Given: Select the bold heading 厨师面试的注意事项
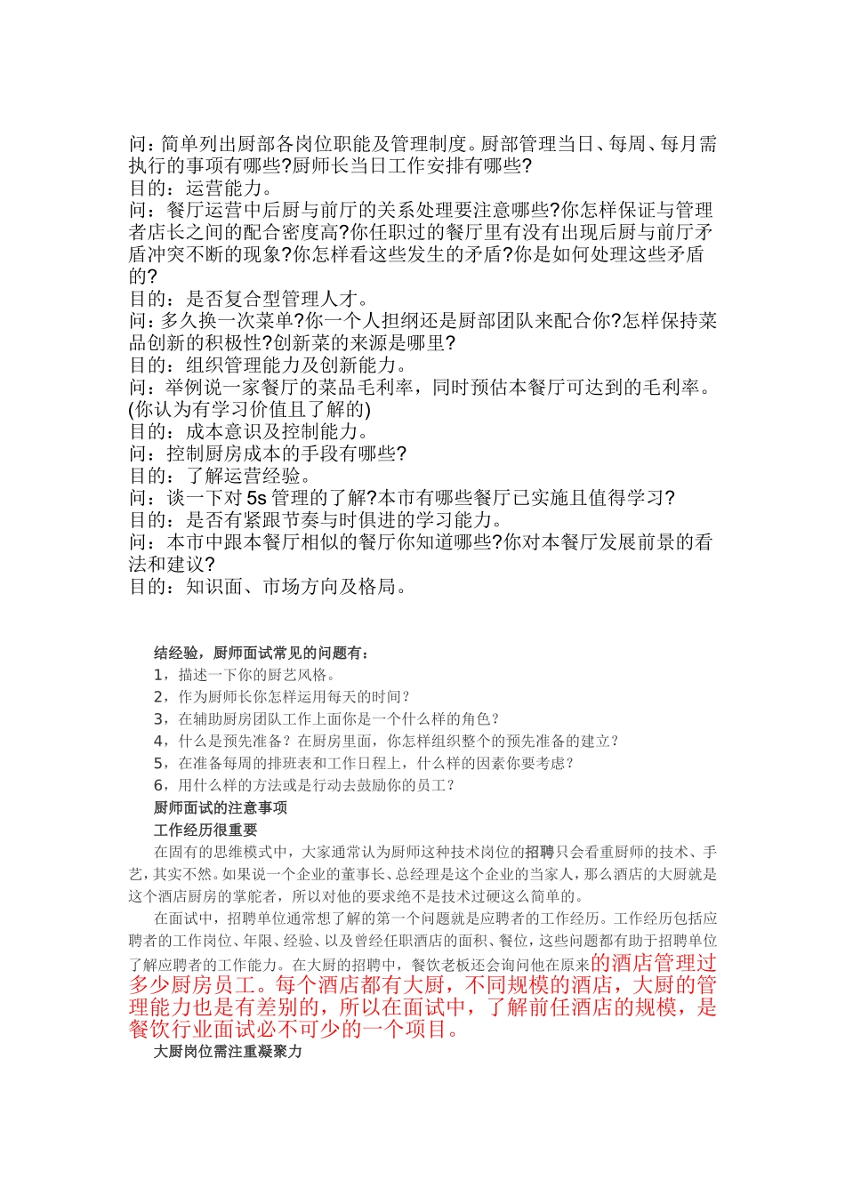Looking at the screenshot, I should point(221,807).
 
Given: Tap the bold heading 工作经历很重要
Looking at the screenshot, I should point(205,830).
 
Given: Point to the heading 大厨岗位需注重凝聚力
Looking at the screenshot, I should point(228,1051).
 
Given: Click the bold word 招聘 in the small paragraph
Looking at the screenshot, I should point(539,852).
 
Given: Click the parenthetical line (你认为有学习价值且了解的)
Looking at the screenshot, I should point(250,410).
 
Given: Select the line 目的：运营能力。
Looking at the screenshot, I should point(203,188).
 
